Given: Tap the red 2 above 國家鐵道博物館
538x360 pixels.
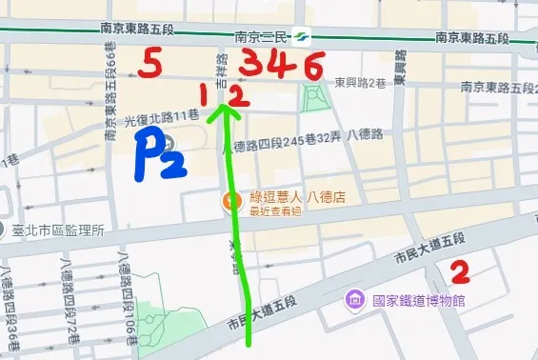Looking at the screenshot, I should (x=460, y=272).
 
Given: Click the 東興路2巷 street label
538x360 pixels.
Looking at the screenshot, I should (x=356, y=84).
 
